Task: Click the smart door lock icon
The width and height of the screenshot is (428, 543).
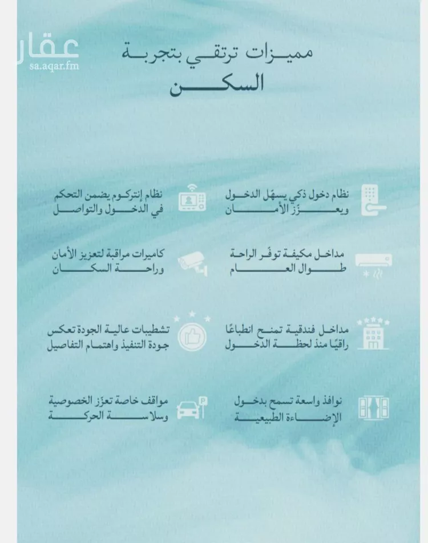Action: (x=374, y=200)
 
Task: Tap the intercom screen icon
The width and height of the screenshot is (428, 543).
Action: (x=192, y=200)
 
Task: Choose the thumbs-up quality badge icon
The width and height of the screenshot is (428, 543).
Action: (x=191, y=335)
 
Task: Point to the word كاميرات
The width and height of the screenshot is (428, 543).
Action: (x=150, y=254)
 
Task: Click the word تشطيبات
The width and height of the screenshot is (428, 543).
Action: (x=147, y=330)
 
